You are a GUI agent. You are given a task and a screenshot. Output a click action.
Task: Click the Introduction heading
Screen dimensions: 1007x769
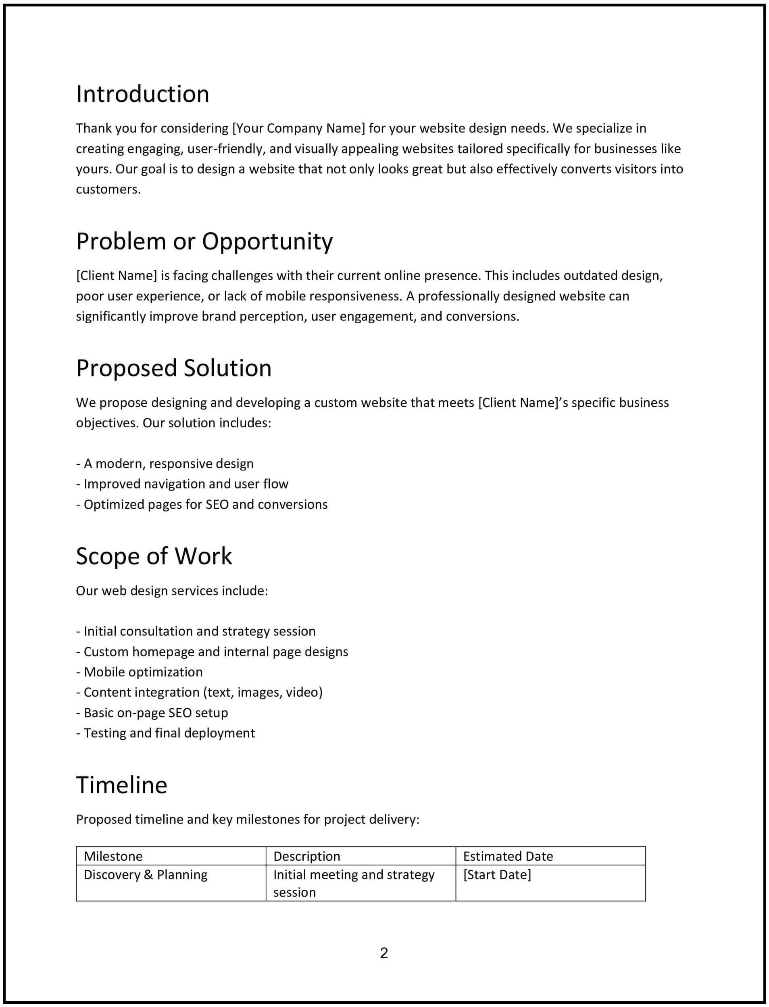[142, 94]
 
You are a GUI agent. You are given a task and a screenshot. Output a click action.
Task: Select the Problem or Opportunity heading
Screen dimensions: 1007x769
[204, 241]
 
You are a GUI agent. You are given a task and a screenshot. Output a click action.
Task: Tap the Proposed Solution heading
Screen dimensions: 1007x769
[173, 368]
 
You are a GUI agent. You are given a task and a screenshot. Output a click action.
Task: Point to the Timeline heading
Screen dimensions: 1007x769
[121, 785]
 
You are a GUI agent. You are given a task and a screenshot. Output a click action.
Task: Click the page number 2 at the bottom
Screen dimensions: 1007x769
[383, 953]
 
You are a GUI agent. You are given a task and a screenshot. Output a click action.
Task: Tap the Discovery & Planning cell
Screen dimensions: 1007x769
[145, 874]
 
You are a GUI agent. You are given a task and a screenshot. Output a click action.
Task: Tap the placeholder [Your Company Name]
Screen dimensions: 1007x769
[298, 128]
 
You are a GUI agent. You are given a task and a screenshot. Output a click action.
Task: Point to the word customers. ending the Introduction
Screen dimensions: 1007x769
[108, 189]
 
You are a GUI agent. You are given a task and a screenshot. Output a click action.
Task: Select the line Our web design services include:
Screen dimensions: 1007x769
[172, 591]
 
